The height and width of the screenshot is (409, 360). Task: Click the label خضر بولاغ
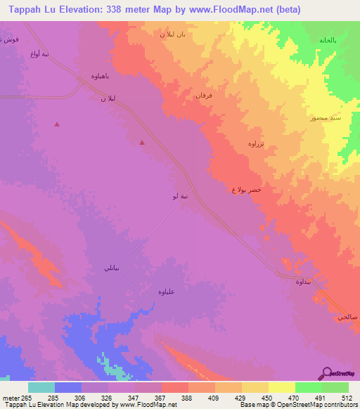tap(247, 190)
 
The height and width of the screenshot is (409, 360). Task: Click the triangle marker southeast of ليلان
tap(143, 143)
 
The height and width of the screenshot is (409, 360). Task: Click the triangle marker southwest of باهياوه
tap(58, 125)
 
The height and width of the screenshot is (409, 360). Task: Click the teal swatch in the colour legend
tap(41, 387)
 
